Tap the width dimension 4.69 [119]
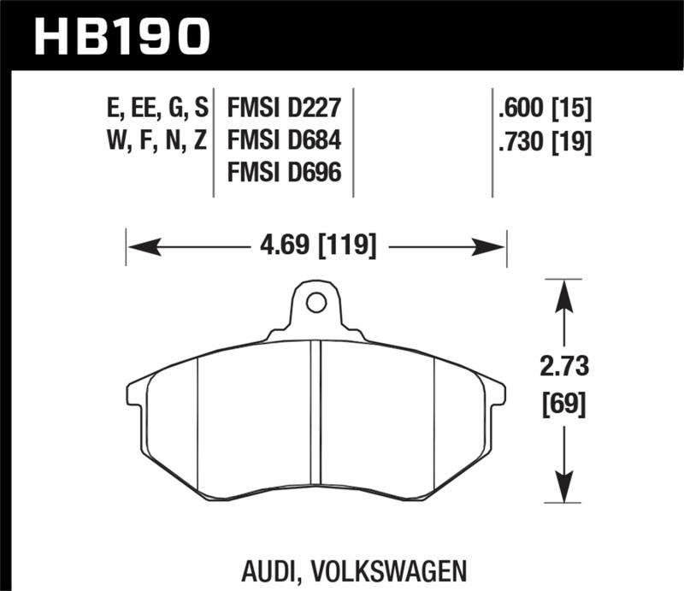(317, 246)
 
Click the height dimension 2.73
(564, 369)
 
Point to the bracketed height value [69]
(564, 403)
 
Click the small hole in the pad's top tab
(315, 302)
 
